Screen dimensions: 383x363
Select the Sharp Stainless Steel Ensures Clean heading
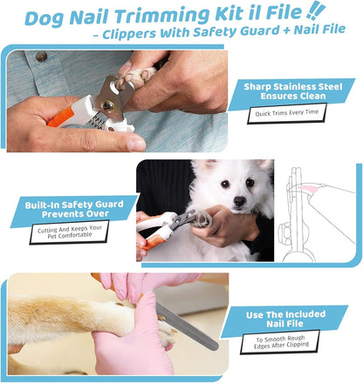(299, 91)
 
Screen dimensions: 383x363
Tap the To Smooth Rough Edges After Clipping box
(294, 342)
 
